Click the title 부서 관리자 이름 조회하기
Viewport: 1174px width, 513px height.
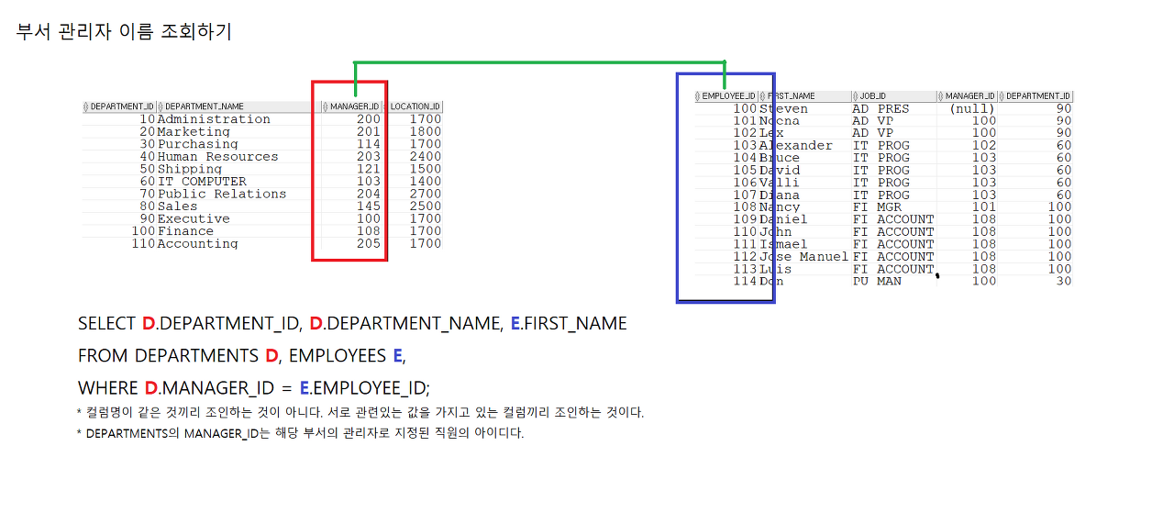124,32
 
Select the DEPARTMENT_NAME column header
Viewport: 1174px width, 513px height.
205,106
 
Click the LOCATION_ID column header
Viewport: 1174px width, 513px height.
415,106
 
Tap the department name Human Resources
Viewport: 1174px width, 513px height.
217,157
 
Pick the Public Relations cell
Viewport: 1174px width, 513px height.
222,194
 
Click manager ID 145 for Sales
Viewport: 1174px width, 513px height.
368,206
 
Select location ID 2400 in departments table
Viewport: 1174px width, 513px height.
425,157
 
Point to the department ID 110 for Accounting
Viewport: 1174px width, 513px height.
143,244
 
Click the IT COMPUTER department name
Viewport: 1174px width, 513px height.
202,182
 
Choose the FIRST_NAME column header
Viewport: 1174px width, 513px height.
792,95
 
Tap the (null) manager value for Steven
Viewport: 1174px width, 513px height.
972,109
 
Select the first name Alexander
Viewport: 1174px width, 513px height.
796,146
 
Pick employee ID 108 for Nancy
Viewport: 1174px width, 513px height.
745,207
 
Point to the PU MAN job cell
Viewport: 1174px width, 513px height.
877,282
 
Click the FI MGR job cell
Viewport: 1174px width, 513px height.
877,207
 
